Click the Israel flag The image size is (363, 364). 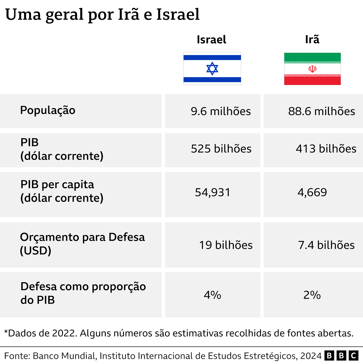tap(212, 69)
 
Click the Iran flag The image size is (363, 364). tap(312, 69)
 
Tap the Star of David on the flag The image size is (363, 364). tap(212, 69)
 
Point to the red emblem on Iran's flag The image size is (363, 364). tap(312, 69)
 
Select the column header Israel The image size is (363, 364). tap(212, 40)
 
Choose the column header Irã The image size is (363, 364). tap(312, 39)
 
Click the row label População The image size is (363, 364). tap(48, 110)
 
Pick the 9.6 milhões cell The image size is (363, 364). tap(221, 111)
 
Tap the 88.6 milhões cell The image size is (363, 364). tap(322, 111)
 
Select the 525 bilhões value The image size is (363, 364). tap(221, 149)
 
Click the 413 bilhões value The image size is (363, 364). tap(326, 149)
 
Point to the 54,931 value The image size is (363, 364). tap(213, 192)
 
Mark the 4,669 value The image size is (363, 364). tap(312, 192)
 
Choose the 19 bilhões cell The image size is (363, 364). tap(226, 245)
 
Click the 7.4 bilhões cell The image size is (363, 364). tap(326, 245)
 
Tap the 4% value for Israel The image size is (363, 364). tap(212, 295)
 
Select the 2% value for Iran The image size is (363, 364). tap(312, 295)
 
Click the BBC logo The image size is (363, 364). tap(341, 356)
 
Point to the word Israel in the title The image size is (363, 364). tap(178, 14)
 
